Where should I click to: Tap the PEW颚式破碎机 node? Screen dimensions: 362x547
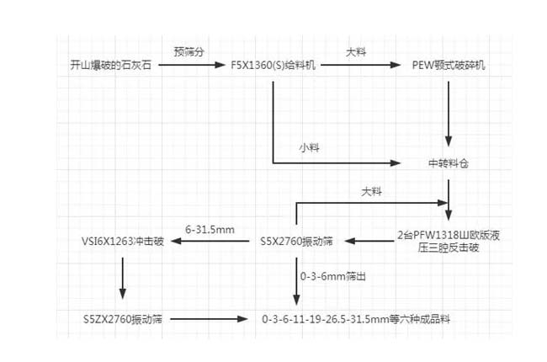tap(449, 64)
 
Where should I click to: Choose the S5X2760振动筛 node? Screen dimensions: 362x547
tap(298, 242)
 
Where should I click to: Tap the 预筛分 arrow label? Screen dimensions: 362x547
tap(189, 51)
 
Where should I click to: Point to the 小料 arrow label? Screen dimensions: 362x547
tap(309, 146)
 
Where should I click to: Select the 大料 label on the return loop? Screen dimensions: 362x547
tap(371, 192)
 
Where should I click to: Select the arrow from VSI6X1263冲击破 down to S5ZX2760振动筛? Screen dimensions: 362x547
tap(123, 278)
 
